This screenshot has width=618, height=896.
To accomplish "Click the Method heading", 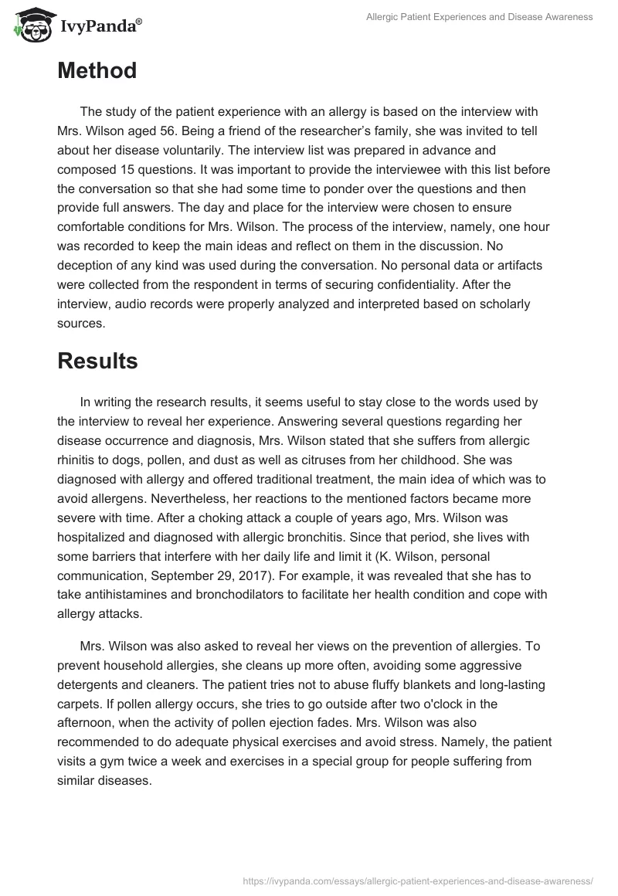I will tap(97, 71).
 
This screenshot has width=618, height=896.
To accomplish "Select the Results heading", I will tap(97, 361).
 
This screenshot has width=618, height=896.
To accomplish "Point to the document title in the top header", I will tap(480, 16).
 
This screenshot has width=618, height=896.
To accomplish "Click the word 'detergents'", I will tap(93, 684).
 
